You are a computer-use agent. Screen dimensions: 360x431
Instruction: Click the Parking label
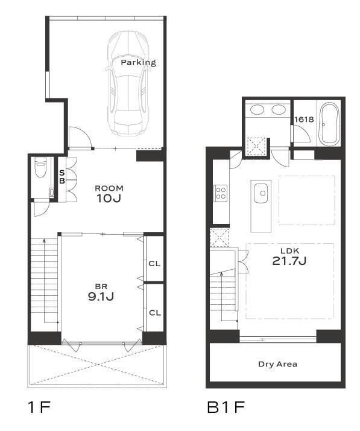[139, 63]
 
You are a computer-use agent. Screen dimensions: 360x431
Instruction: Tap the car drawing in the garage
[128, 83]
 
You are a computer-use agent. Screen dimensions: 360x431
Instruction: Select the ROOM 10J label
[109, 194]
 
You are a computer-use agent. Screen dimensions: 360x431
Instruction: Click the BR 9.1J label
[101, 293]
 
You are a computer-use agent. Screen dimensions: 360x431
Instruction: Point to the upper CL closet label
[154, 264]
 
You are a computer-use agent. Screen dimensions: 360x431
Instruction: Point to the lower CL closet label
[155, 313]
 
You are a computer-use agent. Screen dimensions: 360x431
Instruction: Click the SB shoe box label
[62, 177]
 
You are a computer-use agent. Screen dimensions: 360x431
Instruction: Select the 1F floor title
[39, 407]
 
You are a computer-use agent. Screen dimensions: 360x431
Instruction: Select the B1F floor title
[226, 407]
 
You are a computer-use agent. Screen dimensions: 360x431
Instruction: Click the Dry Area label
[277, 365]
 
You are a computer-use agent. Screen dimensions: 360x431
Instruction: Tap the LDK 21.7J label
[289, 257]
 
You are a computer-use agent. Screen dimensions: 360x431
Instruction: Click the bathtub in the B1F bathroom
[329, 124]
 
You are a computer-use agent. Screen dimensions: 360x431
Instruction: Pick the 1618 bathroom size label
[304, 120]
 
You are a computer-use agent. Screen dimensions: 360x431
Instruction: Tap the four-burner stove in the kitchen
[221, 193]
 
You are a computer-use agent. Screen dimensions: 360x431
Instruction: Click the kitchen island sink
[261, 193]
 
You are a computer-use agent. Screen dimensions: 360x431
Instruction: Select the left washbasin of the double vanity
[257, 110]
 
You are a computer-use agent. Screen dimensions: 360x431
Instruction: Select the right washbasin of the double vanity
[279, 110]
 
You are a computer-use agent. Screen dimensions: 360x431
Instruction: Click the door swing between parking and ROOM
[80, 138]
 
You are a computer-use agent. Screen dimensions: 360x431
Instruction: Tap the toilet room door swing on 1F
[41, 209]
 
